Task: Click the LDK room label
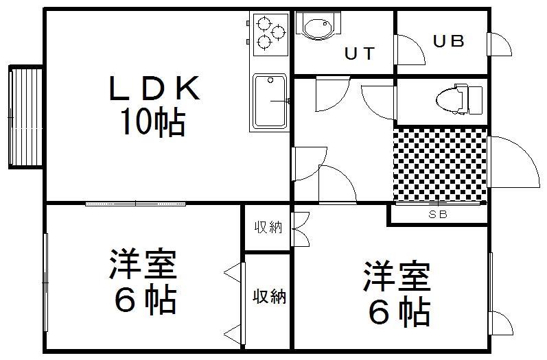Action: point(154,88)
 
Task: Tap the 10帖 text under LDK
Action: point(152,122)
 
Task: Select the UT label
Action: point(360,53)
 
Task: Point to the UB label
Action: point(449,40)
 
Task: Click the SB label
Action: point(438,215)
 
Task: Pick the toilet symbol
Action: point(458,99)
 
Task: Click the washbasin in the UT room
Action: point(318,25)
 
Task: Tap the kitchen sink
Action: point(270,101)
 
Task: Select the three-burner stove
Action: point(270,34)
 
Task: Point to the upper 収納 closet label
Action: point(268,227)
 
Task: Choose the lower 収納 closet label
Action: point(269,297)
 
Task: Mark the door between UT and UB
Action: point(409,50)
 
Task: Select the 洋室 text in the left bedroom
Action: point(143,264)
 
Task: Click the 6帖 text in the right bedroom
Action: point(399,311)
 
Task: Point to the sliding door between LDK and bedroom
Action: point(135,204)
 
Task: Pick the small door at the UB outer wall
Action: point(499,45)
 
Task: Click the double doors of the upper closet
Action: point(301,229)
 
